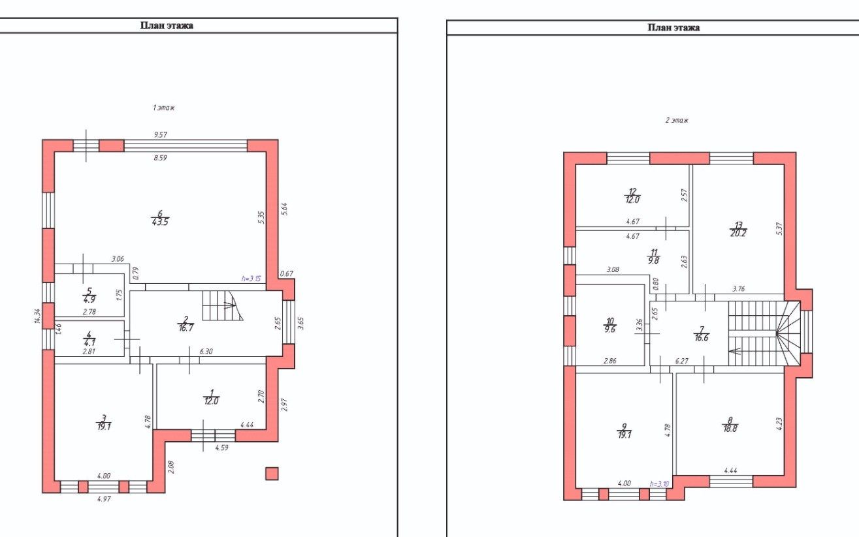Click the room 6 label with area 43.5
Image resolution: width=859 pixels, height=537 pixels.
(160, 218)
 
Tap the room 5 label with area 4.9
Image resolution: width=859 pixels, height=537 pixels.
(89, 295)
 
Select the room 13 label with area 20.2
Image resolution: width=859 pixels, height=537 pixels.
(738, 229)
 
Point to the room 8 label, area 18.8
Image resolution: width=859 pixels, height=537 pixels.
(730, 425)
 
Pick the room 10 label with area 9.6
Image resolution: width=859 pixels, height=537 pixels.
(609, 325)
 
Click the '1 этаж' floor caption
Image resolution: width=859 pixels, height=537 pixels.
(164, 108)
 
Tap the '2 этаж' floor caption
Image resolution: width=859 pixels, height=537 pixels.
(677, 120)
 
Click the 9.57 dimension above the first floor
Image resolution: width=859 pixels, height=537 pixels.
(160, 134)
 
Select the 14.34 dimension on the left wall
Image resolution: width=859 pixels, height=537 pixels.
(37, 316)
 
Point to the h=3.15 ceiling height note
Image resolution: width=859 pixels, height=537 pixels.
(251, 279)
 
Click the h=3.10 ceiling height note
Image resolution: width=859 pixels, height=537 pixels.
(659, 483)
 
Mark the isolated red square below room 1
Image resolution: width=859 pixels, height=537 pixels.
(272, 474)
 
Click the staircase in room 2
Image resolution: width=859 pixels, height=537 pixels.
(222, 305)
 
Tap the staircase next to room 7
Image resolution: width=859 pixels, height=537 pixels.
(764, 333)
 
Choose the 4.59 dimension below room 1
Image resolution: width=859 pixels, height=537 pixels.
(221, 448)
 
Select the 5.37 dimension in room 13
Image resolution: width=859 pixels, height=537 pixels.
(779, 228)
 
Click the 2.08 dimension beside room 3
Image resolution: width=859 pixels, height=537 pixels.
(171, 467)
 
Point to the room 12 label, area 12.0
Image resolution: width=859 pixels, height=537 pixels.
(632, 195)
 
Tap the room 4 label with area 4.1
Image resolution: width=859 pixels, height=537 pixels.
(89, 339)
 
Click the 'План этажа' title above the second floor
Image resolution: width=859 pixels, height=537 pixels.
(673, 27)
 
